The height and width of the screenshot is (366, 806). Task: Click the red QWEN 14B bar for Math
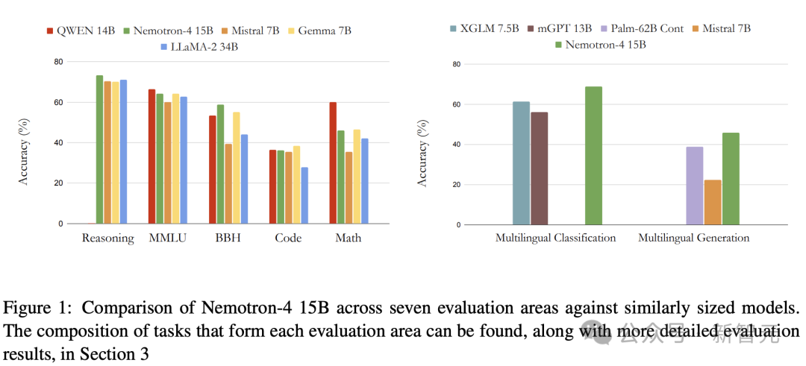point(333,163)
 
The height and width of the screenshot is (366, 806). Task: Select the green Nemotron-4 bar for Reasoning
point(99,149)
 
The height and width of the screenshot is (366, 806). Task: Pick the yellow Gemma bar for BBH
point(236,168)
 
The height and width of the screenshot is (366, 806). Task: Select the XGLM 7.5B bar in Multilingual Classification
point(521,163)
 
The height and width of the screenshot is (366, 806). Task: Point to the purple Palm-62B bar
point(694,186)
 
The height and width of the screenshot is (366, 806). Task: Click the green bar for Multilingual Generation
point(730,179)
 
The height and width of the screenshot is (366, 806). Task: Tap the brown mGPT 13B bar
point(539,168)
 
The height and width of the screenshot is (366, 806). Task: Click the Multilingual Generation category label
point(693,239)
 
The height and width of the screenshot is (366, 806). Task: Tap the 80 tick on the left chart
point(57,62)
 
